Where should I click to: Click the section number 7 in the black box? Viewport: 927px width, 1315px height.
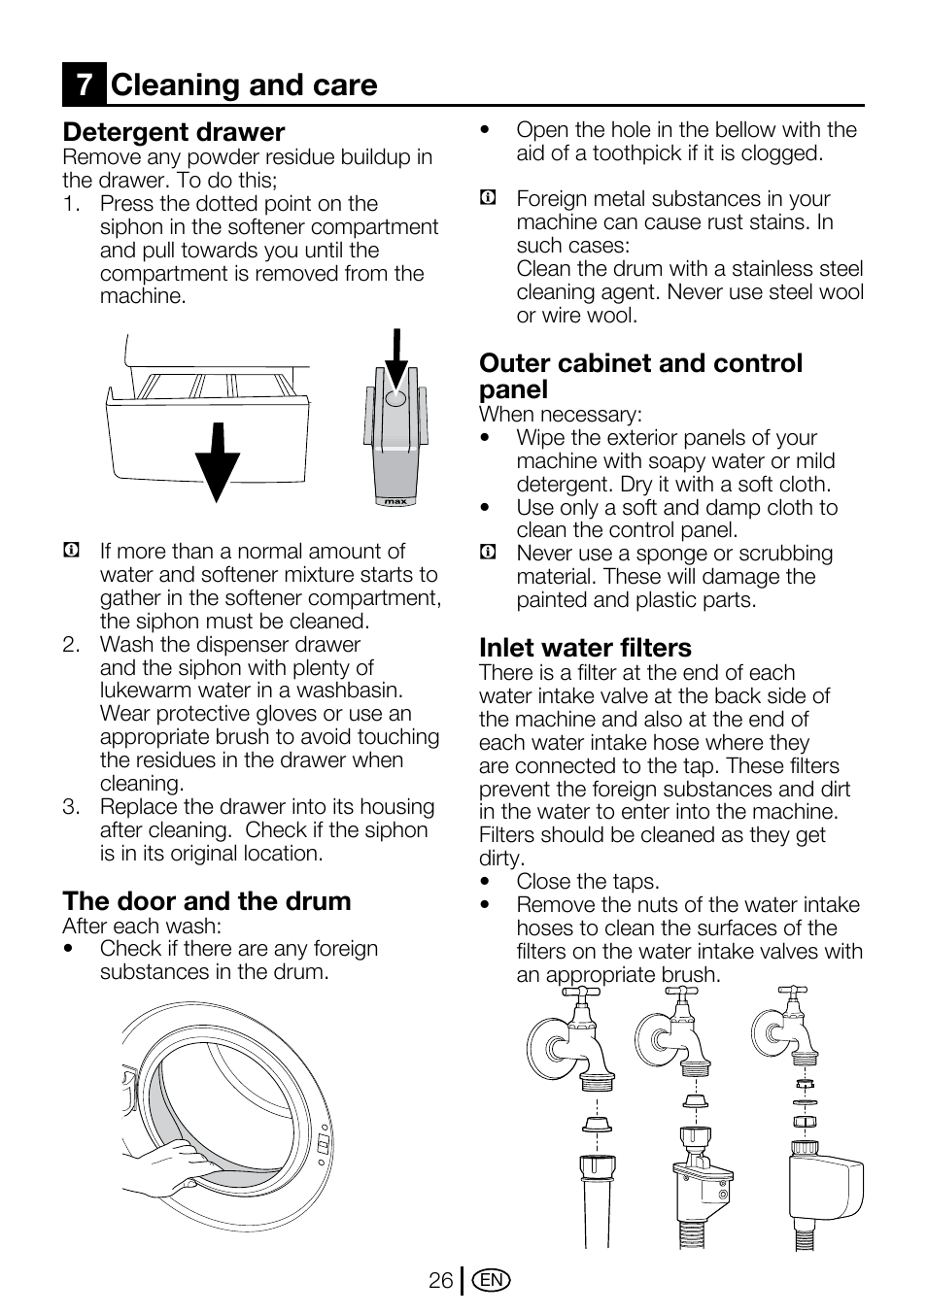tap(85, 84)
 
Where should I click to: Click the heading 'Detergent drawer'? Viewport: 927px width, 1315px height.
tap(174, 132)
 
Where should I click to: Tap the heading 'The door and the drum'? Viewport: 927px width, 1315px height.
tap(207, 901)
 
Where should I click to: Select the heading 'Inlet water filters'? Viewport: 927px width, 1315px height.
tap(585, 648)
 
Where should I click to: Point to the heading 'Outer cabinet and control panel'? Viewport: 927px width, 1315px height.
tap(640, 376)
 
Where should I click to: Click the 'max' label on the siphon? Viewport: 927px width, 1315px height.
tap(395, 501)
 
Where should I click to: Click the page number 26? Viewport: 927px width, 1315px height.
tap(440, 1281)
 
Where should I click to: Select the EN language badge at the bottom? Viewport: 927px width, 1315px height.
tap(492, 1281)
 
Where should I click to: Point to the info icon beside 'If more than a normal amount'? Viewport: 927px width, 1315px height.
tap(71, 552)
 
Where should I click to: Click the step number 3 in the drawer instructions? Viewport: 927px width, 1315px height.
tap(70, 807)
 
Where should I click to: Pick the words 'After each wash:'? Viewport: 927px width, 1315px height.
tap(142, 926)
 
